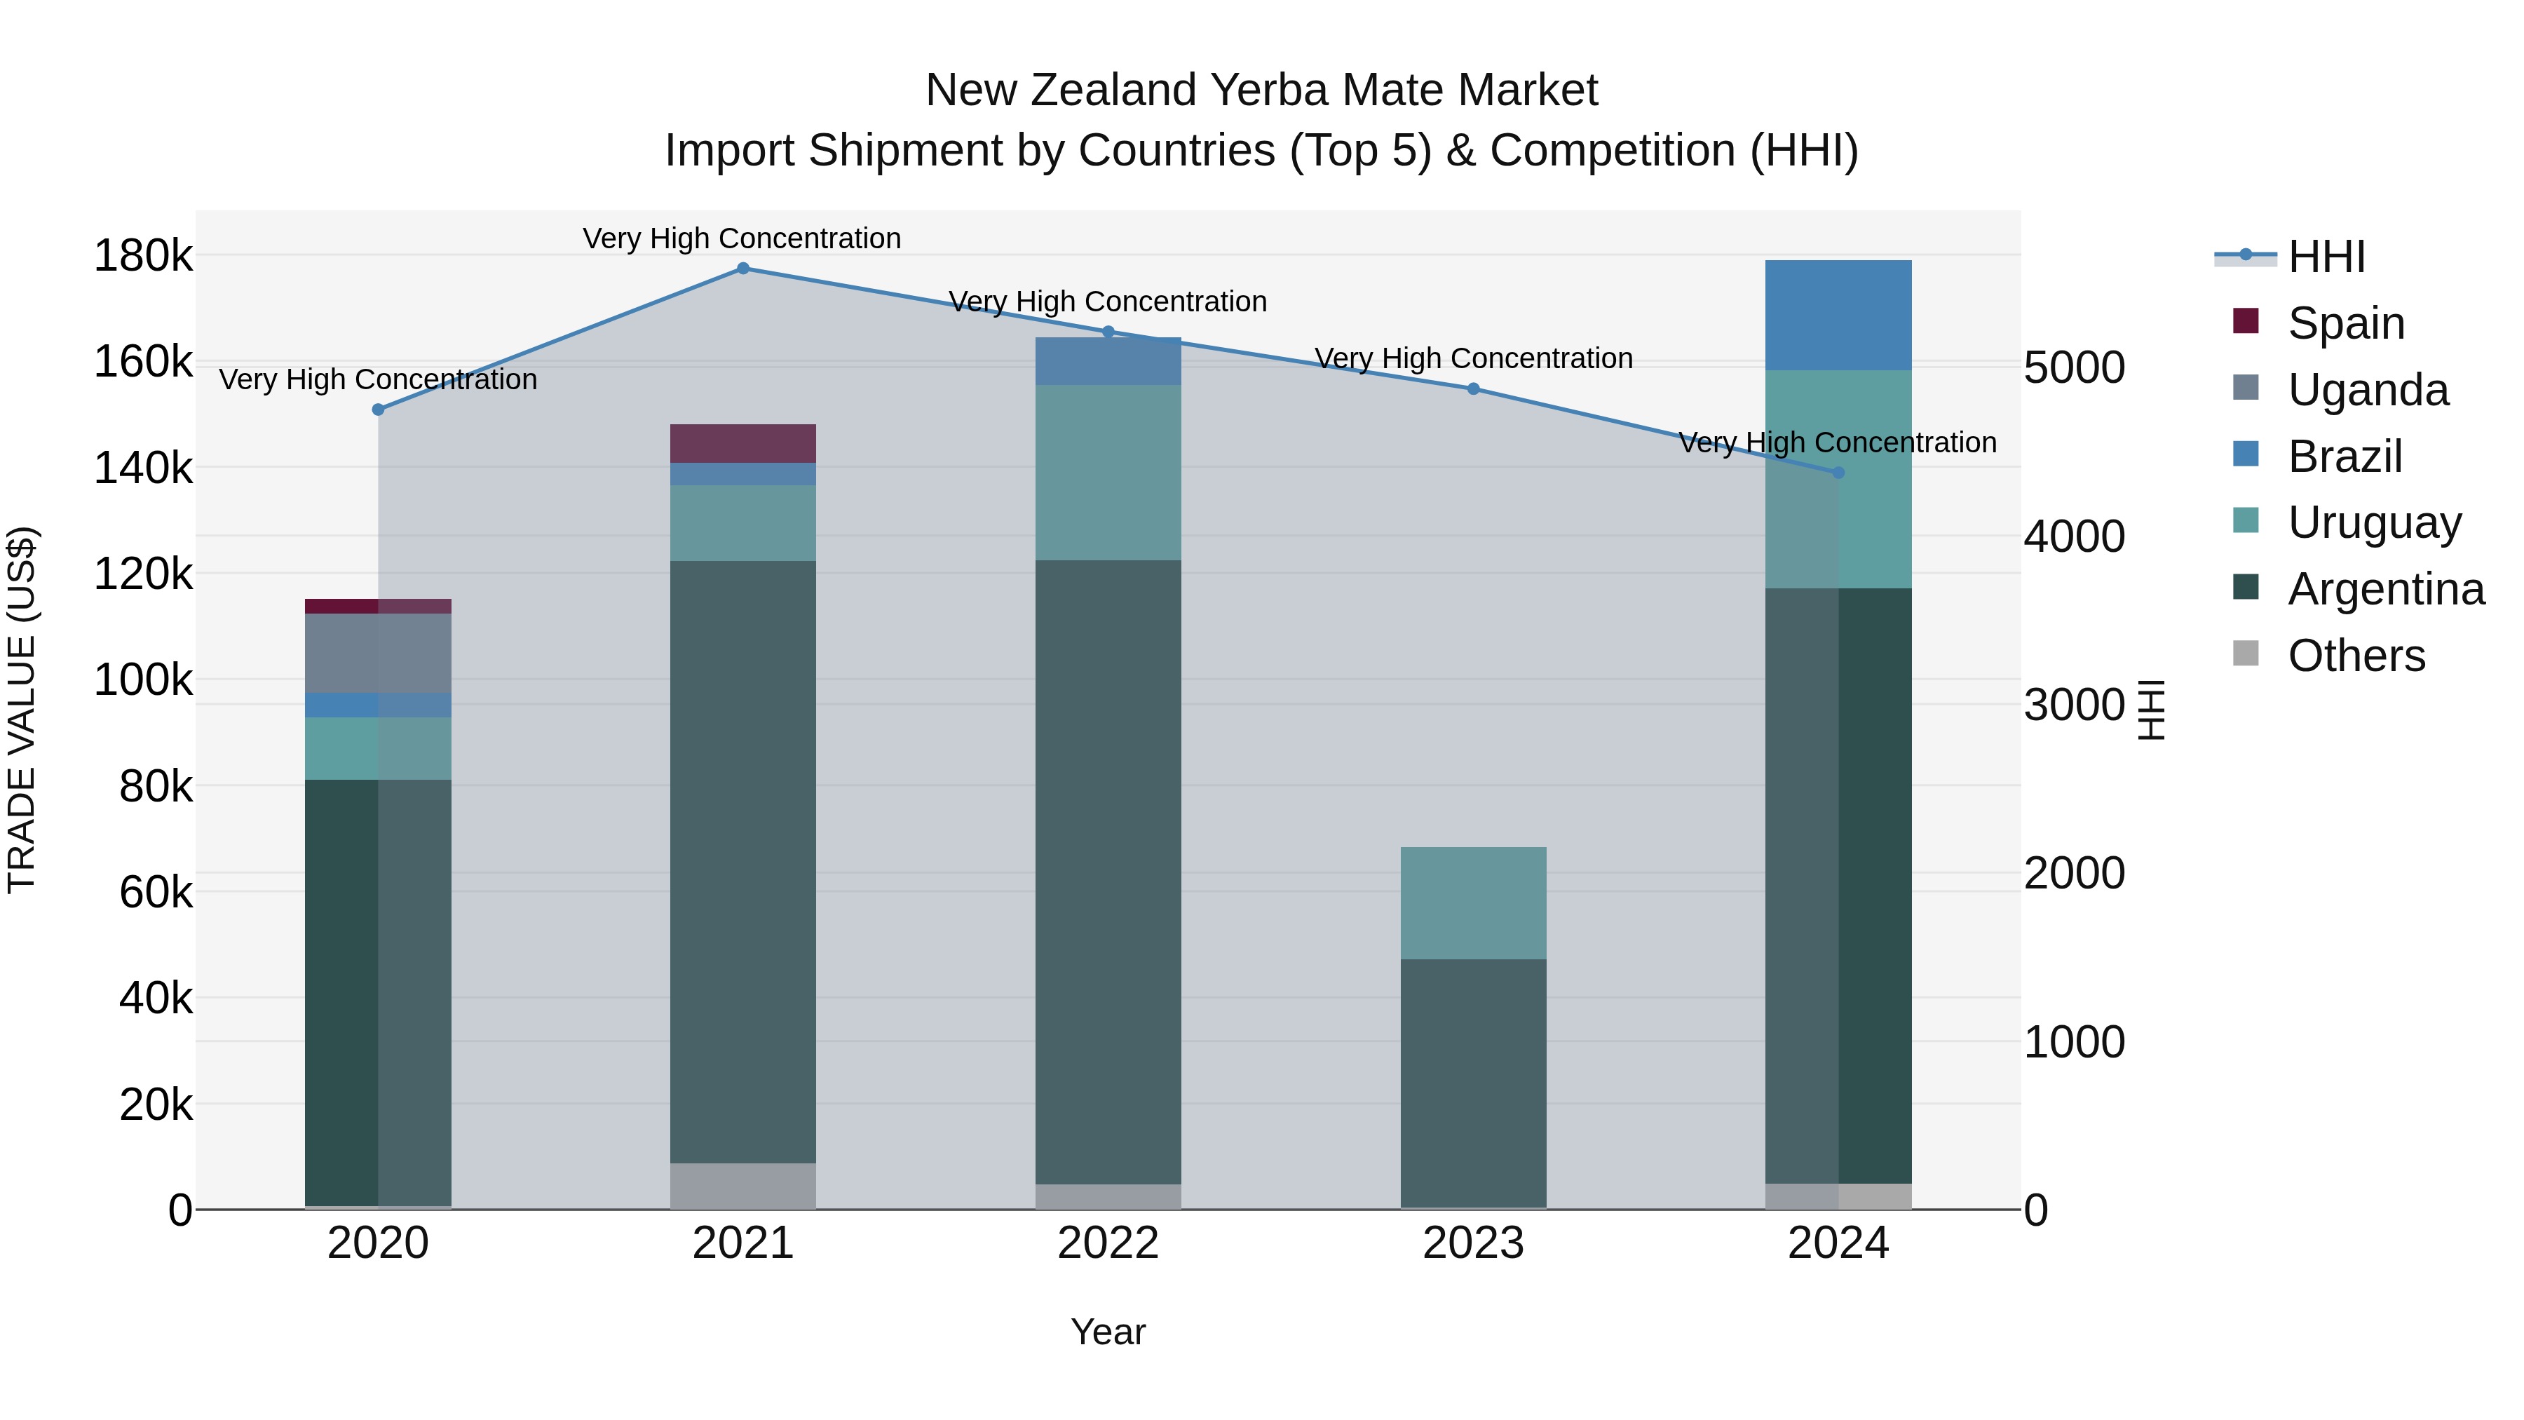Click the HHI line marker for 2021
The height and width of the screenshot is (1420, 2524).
(742, 269)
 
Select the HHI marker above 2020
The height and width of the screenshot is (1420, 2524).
(378, 410)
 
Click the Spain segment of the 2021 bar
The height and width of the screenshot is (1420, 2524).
(742, 443)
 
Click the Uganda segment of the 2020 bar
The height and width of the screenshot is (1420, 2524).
(378, 653)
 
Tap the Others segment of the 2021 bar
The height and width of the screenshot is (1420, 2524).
(742, 1186)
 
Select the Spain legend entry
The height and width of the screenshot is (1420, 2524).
(2346, 323)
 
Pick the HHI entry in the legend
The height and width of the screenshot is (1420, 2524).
(2326, 257)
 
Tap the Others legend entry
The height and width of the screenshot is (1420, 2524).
(2356, 656)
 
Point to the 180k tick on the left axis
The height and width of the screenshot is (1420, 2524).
(143, 257)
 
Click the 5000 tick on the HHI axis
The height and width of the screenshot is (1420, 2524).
(2075, 368)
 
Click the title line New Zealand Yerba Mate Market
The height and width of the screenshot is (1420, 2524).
(1261, 90)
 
